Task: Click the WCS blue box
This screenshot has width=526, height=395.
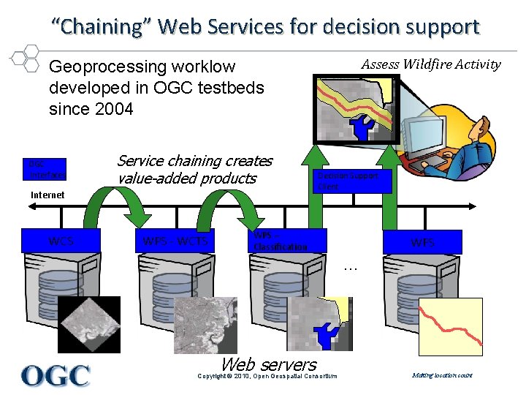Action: click(x=60, y=241)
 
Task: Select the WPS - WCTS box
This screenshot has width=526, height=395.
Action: click(x=175, y=241)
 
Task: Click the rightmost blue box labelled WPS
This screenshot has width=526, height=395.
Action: click(x=422, y=242)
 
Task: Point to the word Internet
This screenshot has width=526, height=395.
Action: click(x=47, y=195)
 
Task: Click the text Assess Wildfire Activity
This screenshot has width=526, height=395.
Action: click(x=431, y=64)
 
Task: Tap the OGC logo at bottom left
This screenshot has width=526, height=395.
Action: click(x=56, y=375)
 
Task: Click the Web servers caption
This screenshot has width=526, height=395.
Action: click(x=268, y=364)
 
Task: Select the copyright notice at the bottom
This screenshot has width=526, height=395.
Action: click(x=268, y=376)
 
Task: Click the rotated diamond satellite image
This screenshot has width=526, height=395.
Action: click(x=89, y=324)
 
